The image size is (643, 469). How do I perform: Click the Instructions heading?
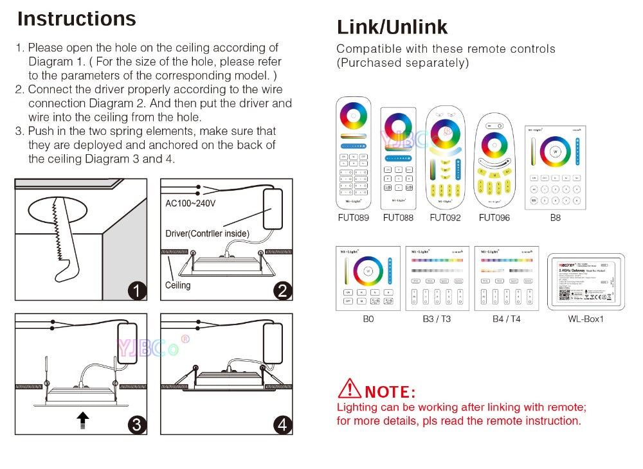pyautogui.click(x=77, y=19)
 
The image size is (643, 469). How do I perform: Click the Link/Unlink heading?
pyautogui.click(x=392, y=27)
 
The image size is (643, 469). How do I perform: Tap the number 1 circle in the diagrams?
pyautogui.click(x=136, y=290)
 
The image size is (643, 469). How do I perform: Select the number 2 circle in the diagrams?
pyautogui.click(x=282, y=290)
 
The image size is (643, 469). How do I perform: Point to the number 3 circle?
pyautogui.click(x=136, y=424)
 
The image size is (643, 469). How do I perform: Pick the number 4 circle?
pyautogui.click(x=282, y=424)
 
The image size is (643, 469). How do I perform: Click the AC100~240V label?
pyautogui.click(x=190, y=204)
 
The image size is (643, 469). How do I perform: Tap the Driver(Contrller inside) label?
pyautogui.click(x=207, y=233)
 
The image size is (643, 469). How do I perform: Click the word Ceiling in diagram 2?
pyautogui.click(x=177, y=285)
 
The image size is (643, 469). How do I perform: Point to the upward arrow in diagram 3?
pyautogui.click(x=82, y=420)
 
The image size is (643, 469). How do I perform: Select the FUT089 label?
pyautogui.click(x=353, y=218)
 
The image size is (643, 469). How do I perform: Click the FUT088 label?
pyautogui.click(x=398, y=218)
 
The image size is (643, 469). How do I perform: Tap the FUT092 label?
pyautogui.click(x=445, y=218)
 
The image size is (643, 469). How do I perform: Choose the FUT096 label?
pyautogui.click(x=494, y=218)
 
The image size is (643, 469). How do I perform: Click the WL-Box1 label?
pyautogui.click(x=585, y=319)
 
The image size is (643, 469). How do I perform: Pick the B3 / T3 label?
pyautogui.click(x=437, y=319)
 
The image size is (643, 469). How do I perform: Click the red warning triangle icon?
pyautogui.click(x=349, y=389)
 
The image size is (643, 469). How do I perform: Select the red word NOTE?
pyautogui.click(x=390, y=391)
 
